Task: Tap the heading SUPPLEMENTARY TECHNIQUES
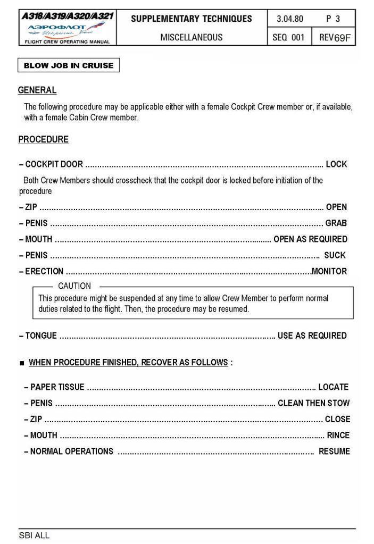(192, 19)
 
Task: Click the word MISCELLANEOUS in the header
(192, 37)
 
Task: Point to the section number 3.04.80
(290, 19)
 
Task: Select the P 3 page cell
(333, 19)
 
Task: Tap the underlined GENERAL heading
(37, 90)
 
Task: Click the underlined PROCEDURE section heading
(44, 140)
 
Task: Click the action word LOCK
(336, 164)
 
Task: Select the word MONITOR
(329, 272)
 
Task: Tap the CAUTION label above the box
(74, 286)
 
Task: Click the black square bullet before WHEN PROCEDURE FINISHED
(22, 363)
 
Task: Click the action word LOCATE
(334, 387)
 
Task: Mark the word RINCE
(338, 436)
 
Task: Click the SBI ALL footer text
(34, 535)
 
